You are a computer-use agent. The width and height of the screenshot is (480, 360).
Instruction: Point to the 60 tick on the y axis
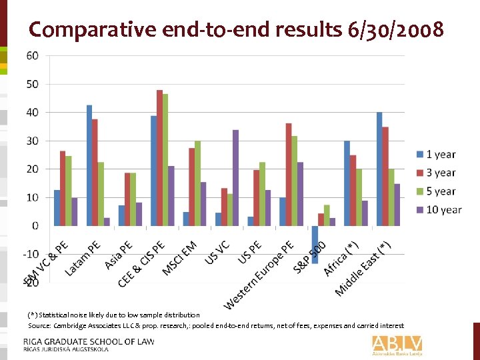(32, 55)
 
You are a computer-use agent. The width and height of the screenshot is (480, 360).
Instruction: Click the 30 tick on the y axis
(32, 141)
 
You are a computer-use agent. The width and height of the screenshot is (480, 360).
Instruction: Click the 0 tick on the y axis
(35, 226)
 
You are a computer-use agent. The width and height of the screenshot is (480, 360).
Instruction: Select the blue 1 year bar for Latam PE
(89, 165)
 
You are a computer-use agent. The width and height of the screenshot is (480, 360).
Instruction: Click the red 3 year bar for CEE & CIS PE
(159, 158)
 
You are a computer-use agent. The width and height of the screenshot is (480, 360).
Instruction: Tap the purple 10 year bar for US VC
(235, 178)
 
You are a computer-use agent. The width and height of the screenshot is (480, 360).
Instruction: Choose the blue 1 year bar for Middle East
(379, 169)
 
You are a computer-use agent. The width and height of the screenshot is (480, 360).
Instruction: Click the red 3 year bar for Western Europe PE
(288, 175)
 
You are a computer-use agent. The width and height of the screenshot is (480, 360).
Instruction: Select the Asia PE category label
(119, 255)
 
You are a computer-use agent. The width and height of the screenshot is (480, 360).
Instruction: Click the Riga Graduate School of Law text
(88, 341)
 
